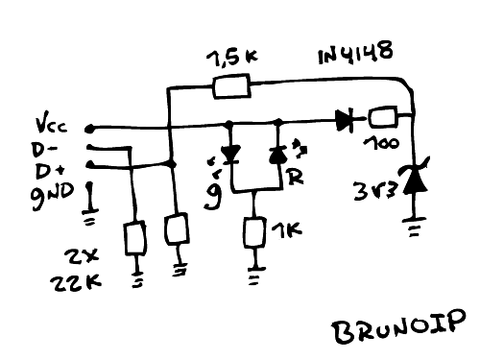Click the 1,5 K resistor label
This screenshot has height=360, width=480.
coord(231,58)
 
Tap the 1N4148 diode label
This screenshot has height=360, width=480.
coord(354,54)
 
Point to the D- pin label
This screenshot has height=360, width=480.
coord(45,149)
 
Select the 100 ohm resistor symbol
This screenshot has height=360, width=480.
coord(383,119)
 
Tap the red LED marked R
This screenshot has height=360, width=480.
coord(279,155)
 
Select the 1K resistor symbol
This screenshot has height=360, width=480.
coord(254,233)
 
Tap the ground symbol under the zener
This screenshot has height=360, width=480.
coord(416,228)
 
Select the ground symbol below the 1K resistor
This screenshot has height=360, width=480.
coord(254,276)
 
